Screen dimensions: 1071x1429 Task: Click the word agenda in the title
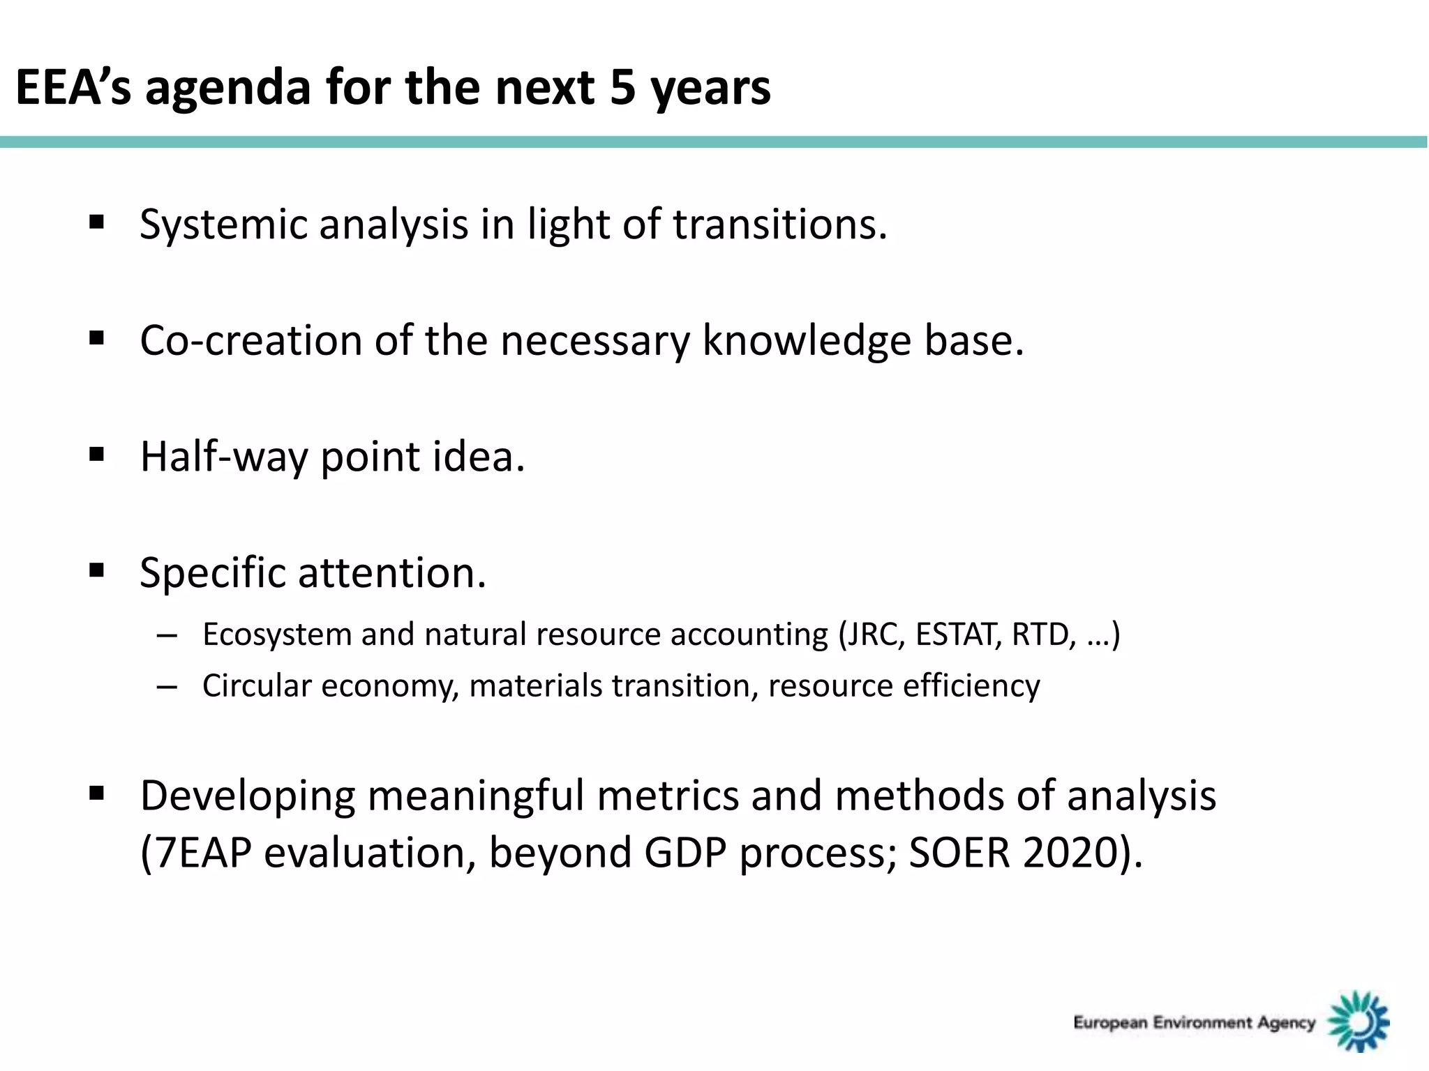coord(228,88)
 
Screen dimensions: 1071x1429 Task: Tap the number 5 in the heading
coord(622,88)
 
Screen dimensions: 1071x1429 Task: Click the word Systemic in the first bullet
coord(223,225)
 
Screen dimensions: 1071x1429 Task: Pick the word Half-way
coord(223,457)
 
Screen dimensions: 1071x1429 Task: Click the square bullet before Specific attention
coord(97,571)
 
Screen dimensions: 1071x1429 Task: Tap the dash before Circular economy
coord(167,687)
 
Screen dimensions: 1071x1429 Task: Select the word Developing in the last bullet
coord(247,796)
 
